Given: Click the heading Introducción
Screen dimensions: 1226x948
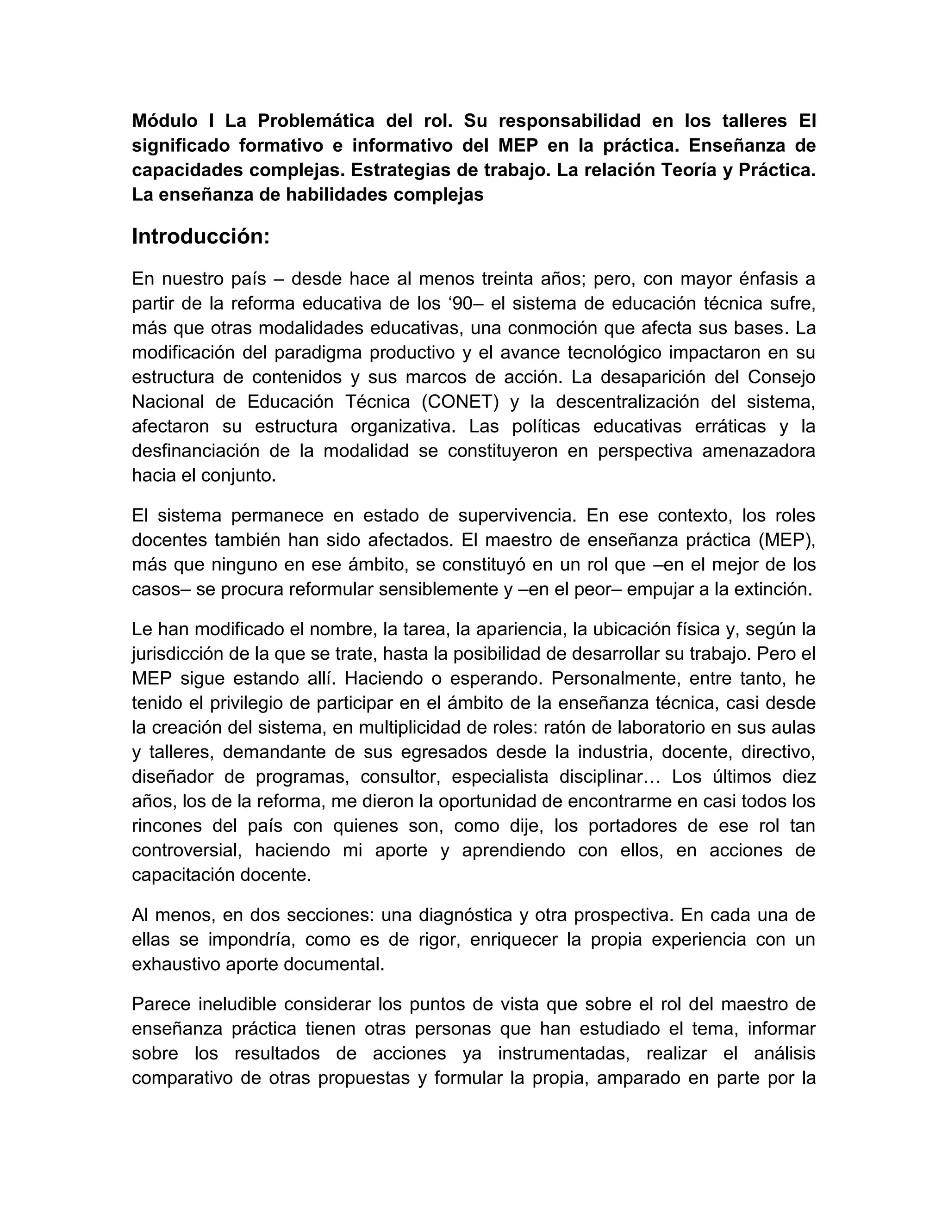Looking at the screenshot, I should (200, 237).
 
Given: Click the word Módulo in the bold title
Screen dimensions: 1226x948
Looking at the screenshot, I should (164, 121).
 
